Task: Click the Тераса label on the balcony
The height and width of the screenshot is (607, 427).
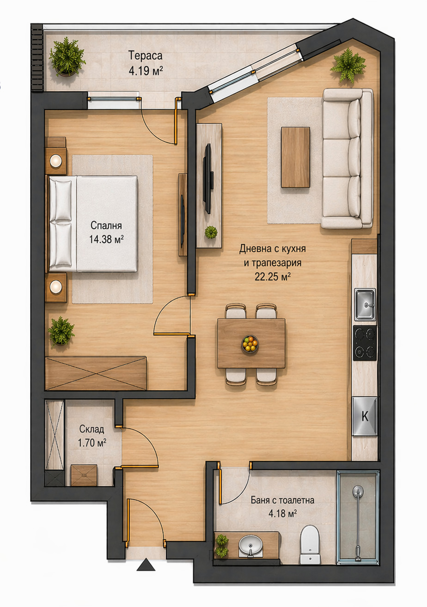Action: pyautogui.click(x=145, y=55)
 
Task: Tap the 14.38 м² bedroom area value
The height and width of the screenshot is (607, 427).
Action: pyautogui.click(x=106, y=239)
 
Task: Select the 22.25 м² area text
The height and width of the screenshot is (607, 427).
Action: pyautogui.click(x=273, y=276)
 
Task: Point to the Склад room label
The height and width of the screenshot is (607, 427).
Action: pyautogui.click(x=91, y=429)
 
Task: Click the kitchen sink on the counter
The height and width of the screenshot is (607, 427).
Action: pyautogui.click(x=365, y=304)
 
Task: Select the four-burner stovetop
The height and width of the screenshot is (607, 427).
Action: pyautogui.click(x=365, y=343)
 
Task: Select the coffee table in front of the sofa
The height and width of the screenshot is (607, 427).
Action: pyautogui.click(x=295, y=158)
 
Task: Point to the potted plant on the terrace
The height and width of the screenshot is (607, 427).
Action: pyautogui.click(x=67, y=57)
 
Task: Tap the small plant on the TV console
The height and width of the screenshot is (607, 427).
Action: pyautogui.click(x=211, y=232)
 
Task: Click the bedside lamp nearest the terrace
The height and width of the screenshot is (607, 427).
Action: pyautogui.click(x=56, y=161)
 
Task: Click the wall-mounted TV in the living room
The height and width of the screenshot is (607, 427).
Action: pyautogui.click(x=208, y=179)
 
